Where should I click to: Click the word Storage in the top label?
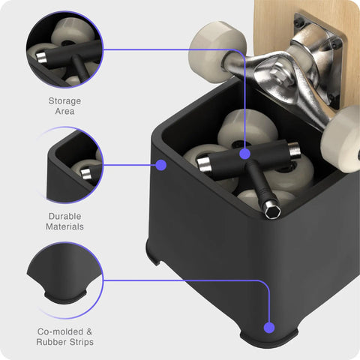coord(64,101)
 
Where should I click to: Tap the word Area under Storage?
coord(64,111)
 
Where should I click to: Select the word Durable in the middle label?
coord(64,216)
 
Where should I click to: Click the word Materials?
coord(64,226)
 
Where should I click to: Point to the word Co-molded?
coord(60,331)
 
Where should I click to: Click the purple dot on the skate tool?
coord(244,154)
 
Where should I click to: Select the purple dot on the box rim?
coord(161,165)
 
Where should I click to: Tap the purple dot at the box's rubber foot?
coord(269,328)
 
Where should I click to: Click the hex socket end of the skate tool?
coord(272,211)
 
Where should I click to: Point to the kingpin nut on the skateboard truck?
coord(279,74)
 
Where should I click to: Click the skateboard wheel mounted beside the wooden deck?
coord(217,52)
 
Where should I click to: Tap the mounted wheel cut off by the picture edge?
coord(342,139)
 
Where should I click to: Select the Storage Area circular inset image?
coord(64,49)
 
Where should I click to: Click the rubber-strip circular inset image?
coord(64,280)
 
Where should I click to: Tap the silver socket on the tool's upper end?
coord(293,149)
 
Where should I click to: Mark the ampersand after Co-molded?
coord(89,331)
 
